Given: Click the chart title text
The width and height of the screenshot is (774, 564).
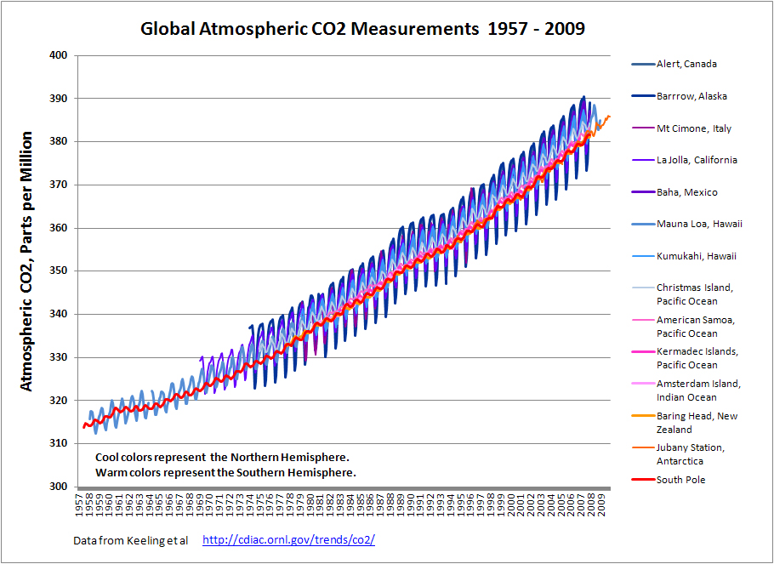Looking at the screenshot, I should [x=362, y=29].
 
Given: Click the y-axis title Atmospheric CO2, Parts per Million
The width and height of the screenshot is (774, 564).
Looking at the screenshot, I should [x=26, y=261].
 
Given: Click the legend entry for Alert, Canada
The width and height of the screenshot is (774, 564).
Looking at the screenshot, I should [x=686, y=64].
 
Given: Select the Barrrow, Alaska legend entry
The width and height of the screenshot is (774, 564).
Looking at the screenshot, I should [x=691, y=96].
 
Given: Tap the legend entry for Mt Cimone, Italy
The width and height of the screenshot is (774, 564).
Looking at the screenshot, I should [x=694, y=128].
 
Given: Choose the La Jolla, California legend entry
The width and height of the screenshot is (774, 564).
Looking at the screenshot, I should [x=697, y=160].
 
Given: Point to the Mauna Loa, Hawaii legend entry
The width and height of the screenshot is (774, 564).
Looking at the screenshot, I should [x=699, y=225].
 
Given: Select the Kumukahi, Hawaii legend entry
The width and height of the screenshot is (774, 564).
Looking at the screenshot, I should [x=697, y=256].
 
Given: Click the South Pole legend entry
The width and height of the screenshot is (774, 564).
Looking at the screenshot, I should [x=681, y=480].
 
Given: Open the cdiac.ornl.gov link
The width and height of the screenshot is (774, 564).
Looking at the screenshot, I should [x=288, y=540].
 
